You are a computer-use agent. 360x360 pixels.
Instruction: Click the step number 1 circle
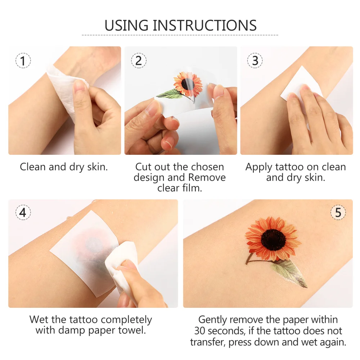click(23, 61)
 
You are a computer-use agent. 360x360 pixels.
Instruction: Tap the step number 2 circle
click(139, 61)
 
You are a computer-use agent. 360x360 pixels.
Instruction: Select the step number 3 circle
click(255, 61)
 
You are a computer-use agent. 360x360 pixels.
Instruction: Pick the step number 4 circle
click(23, 213)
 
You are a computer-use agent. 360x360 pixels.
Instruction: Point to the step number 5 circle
click(338, 213)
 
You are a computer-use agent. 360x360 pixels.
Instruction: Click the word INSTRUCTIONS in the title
click(204, 26)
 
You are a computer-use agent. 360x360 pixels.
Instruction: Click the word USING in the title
click(126, 26)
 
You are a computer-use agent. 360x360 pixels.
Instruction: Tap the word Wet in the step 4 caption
click(38, 320)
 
